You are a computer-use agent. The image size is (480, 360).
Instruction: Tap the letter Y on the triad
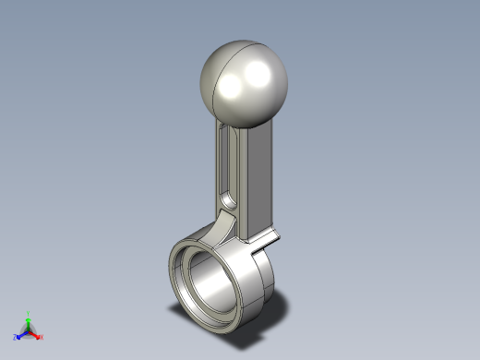29,312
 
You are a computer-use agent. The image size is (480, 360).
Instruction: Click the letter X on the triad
42,338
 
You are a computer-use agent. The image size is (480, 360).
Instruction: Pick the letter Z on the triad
15,338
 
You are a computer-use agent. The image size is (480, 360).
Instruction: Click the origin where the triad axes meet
29,331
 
